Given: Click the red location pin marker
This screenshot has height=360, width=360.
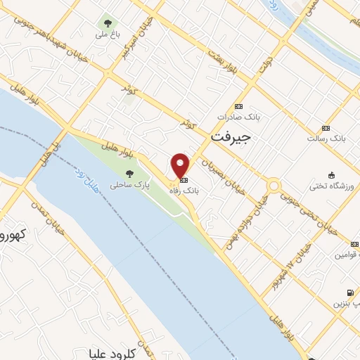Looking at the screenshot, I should pos(181,166).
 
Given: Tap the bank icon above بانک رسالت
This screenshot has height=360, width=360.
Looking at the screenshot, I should pos(325,127).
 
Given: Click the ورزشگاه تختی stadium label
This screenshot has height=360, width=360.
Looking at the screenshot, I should pos(330,187).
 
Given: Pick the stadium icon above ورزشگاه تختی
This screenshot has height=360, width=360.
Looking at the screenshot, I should pos(332,175).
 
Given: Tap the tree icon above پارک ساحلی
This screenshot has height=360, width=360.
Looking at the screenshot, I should pos(129,174).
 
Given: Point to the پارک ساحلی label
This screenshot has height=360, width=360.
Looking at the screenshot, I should pos(124,186).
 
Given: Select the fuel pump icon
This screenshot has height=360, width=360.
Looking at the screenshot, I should pos(349,292).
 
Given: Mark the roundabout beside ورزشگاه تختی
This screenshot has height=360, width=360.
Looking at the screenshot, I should pos(274,186).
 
